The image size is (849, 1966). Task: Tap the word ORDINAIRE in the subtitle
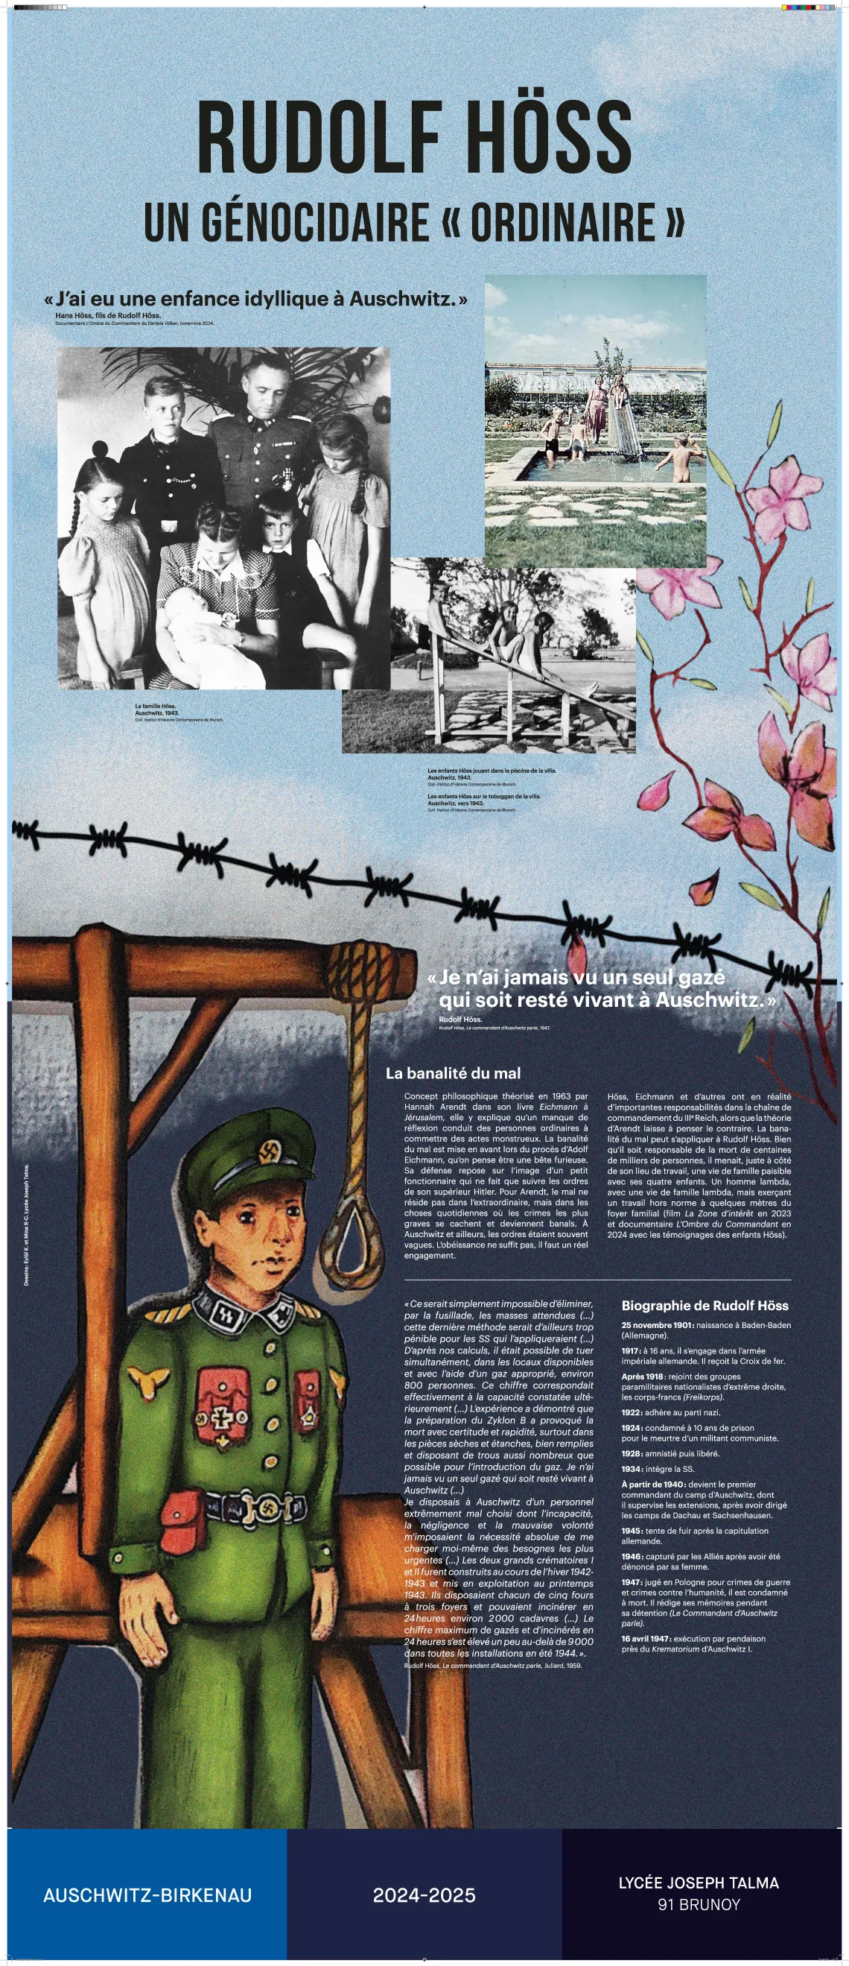pyautogui.click(x=562, y=223)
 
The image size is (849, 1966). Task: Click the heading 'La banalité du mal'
pyautogui.click(x=453, y=1073)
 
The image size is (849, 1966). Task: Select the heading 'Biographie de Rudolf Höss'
pyautogui.click(x=704, y=1305)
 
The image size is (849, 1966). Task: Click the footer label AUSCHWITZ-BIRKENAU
pyautogui.click(x=147, y=1894)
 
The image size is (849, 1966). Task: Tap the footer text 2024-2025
pyautogui.click(x=424, y=1894)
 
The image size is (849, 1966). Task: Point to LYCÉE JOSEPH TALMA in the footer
pyautogui.click(x=698, y=1882)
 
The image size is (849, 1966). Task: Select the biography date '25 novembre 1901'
pyautogui.click(x=657, y=1325)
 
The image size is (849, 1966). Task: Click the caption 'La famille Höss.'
pyautogui.click(x=156, y=706)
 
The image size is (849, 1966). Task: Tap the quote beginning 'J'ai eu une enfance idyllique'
pyautogui.click(x=255, y=298)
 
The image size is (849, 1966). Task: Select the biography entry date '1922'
pyautogui.click(x=632, y=1412)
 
